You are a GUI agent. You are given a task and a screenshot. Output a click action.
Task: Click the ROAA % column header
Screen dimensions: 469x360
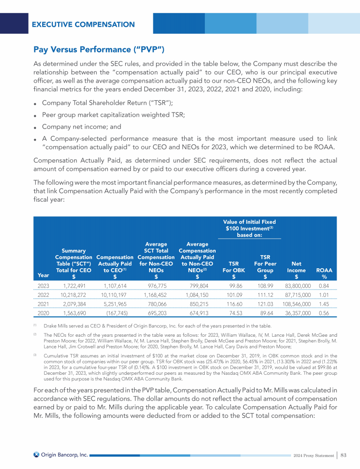tap(321, 273)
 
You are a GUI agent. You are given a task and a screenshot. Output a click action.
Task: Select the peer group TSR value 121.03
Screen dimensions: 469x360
tap(265, 304)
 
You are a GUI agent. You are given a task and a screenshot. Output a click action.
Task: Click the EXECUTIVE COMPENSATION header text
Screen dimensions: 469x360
tap(83, 24)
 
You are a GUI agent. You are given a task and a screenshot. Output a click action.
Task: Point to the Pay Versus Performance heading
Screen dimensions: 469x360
tap(98, 49)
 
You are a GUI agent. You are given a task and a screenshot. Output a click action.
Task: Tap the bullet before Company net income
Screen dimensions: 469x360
tap(35, 127)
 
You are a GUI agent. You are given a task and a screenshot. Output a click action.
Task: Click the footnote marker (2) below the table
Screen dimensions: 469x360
tap(35, 334)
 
